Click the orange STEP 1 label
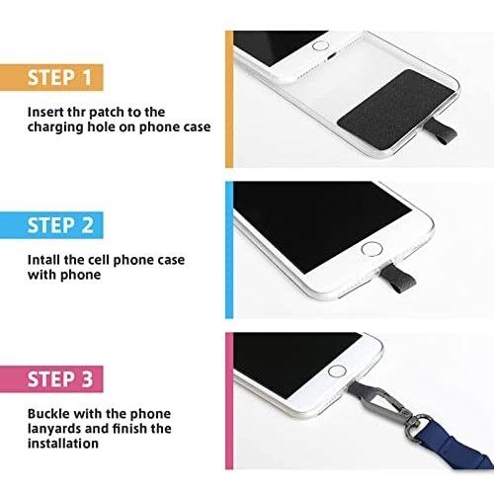coord(51,77)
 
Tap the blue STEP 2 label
coord(51,225)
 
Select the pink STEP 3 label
coord(51,378)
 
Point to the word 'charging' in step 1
coord(55,127)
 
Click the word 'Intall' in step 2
coord(44,260)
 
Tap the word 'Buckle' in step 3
coord(48,414)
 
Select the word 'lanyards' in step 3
coord(54,429)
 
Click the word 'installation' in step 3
coord(63,444)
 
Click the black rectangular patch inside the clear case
coord(396,109)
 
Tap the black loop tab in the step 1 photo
coord(440,132)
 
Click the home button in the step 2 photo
coord(371,249)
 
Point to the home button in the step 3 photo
coord(337,371)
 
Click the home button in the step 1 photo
coord(320,45)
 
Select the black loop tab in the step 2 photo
coord(397,279)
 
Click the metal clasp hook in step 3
coord(389,404)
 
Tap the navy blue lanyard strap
coord(453,446)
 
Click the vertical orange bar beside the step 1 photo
coord(229,100)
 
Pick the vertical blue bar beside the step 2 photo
coord(229,250)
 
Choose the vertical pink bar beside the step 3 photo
coord(229,401)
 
